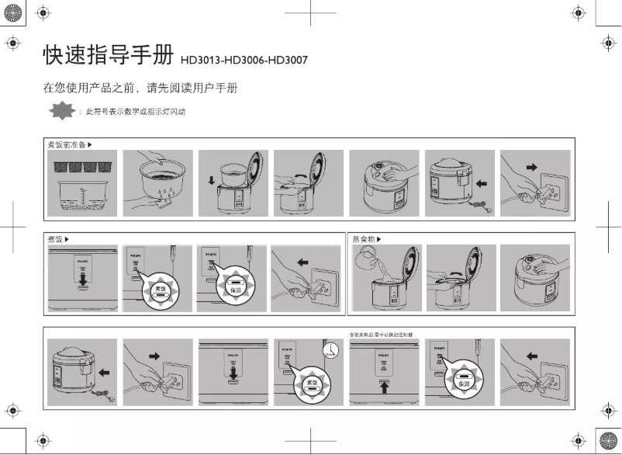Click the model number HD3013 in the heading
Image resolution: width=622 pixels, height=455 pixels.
click(200, 60)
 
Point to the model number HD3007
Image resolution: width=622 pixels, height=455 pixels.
click(287, 60)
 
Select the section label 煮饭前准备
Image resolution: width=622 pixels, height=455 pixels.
click(66, 145)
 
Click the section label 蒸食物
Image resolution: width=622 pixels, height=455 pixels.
click(365, 238)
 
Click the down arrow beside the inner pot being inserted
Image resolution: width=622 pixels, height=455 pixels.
click(211, 183)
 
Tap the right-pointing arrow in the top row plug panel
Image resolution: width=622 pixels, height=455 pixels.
click(530, 166)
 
